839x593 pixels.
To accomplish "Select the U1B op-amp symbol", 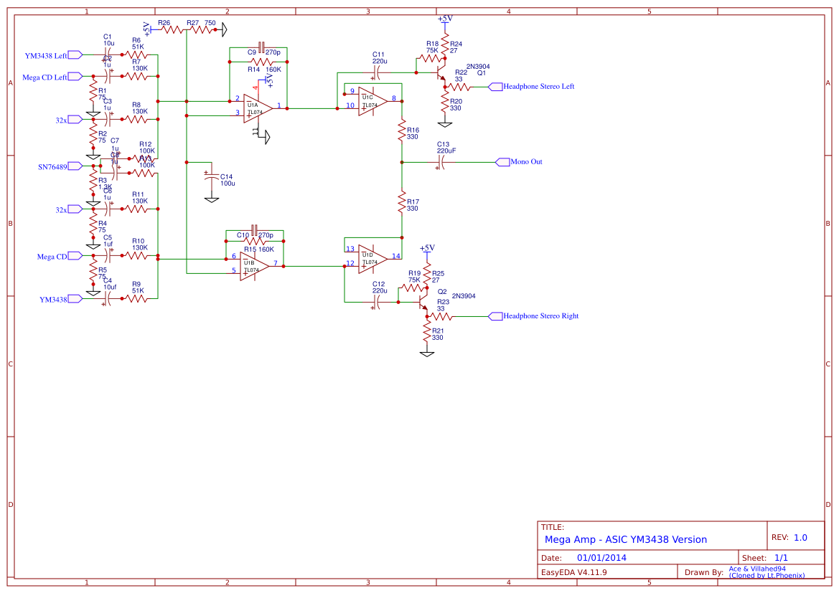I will click(x=254, y=265).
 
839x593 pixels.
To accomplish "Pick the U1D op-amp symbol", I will click(x=372, y=258).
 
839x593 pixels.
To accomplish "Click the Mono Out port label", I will click(x=525, y=162).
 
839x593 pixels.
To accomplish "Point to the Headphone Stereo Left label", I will click(x=538, y=87).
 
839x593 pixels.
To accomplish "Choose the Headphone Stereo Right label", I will click(x=540, y=316).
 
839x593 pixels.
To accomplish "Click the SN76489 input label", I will click(x=52, y=166).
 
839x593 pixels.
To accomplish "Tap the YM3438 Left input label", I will click(x=46, y=55).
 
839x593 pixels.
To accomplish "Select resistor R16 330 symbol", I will click(x=402, y=132).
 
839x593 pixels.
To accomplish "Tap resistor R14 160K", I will click(x=258, y=62).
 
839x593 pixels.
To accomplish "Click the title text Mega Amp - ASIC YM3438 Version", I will click(x=625, y=539).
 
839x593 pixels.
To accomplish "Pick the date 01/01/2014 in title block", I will click(x=601, y=558).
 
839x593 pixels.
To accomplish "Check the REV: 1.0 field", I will click(x=789, y=537).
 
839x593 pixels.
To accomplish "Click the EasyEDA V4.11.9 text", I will click(x=574, y=572).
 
